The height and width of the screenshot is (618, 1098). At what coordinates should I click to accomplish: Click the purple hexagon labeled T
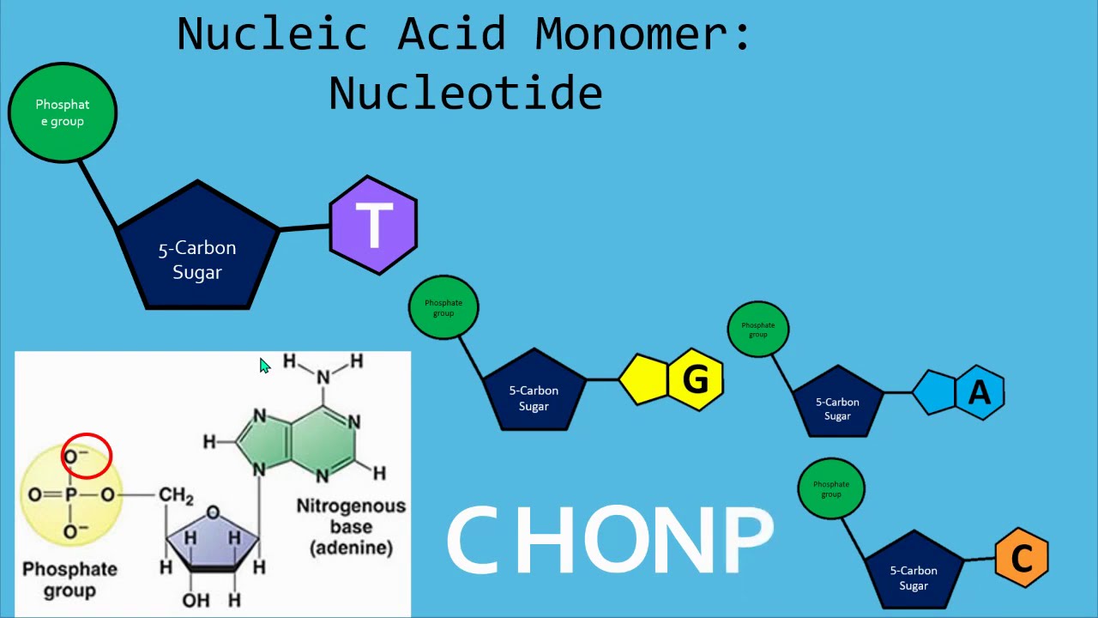[373, 226]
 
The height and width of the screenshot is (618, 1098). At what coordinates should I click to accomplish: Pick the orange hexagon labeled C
[1022, 558]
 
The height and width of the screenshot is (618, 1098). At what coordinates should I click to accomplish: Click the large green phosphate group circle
[63, 112]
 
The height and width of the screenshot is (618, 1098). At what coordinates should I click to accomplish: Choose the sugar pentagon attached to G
[534, 392]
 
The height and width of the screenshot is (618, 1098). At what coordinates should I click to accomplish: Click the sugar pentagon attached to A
[837, 404]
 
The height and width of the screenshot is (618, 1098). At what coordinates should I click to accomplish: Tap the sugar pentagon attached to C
[914, 571]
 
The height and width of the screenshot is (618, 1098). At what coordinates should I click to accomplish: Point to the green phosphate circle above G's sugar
[443, 307]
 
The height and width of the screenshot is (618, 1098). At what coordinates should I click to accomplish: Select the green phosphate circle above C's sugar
[831, 488]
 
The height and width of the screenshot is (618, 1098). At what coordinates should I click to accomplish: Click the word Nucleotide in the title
[465, 92]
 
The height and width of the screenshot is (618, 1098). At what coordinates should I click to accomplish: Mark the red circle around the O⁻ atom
[86, 456]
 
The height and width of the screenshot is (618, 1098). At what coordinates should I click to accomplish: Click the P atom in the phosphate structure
[71, 494]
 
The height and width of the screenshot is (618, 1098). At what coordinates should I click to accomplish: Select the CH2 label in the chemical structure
[176, 496]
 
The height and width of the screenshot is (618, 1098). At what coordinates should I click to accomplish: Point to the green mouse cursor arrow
[264, 367]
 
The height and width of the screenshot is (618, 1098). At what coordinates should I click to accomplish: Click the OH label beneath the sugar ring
[196, 599]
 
